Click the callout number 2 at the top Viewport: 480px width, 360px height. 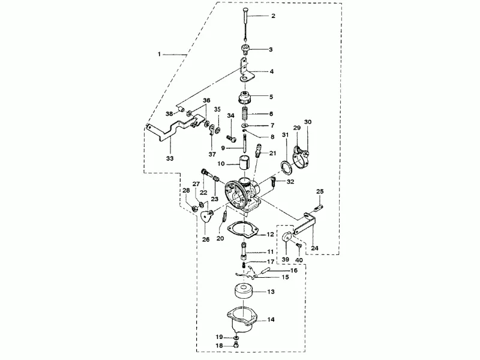tap(273, 16)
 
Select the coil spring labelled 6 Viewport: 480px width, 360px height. tap(245, 113)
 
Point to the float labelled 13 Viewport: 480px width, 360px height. tap(245, 291)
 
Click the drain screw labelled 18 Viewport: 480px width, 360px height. tap(235, 345)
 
